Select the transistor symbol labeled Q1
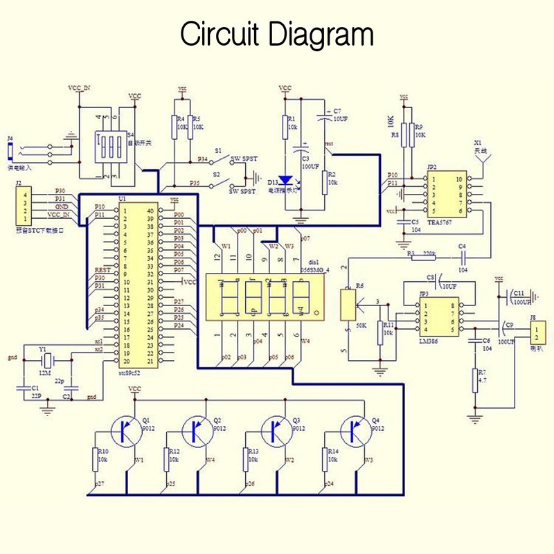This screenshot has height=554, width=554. pyautogui.click(x=127, y=431)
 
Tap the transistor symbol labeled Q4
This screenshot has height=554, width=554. pyautogui.click(x=356, y=431)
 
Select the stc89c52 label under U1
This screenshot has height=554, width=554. pyautogui.click(x=136, y=372)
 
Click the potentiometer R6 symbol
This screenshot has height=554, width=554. pyautogui.click(x=348, y=304)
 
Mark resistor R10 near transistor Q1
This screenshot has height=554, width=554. pyautogui.click(x=96, y=458)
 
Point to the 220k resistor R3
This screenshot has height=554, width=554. pyautogui.click(x=424, y=256)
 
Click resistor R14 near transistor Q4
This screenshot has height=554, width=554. pyautogui.click(x=325, y=458)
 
